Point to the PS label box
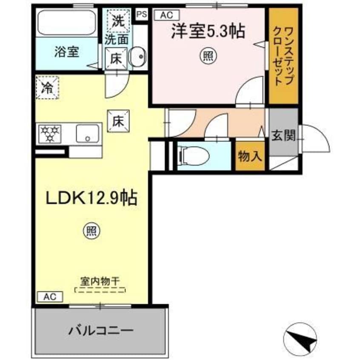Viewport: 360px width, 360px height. point(141,14)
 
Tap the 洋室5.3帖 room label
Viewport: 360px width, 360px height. point(208,32)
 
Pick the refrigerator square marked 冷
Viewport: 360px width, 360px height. point(46,88)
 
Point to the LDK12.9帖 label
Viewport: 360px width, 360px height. point(91,198)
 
